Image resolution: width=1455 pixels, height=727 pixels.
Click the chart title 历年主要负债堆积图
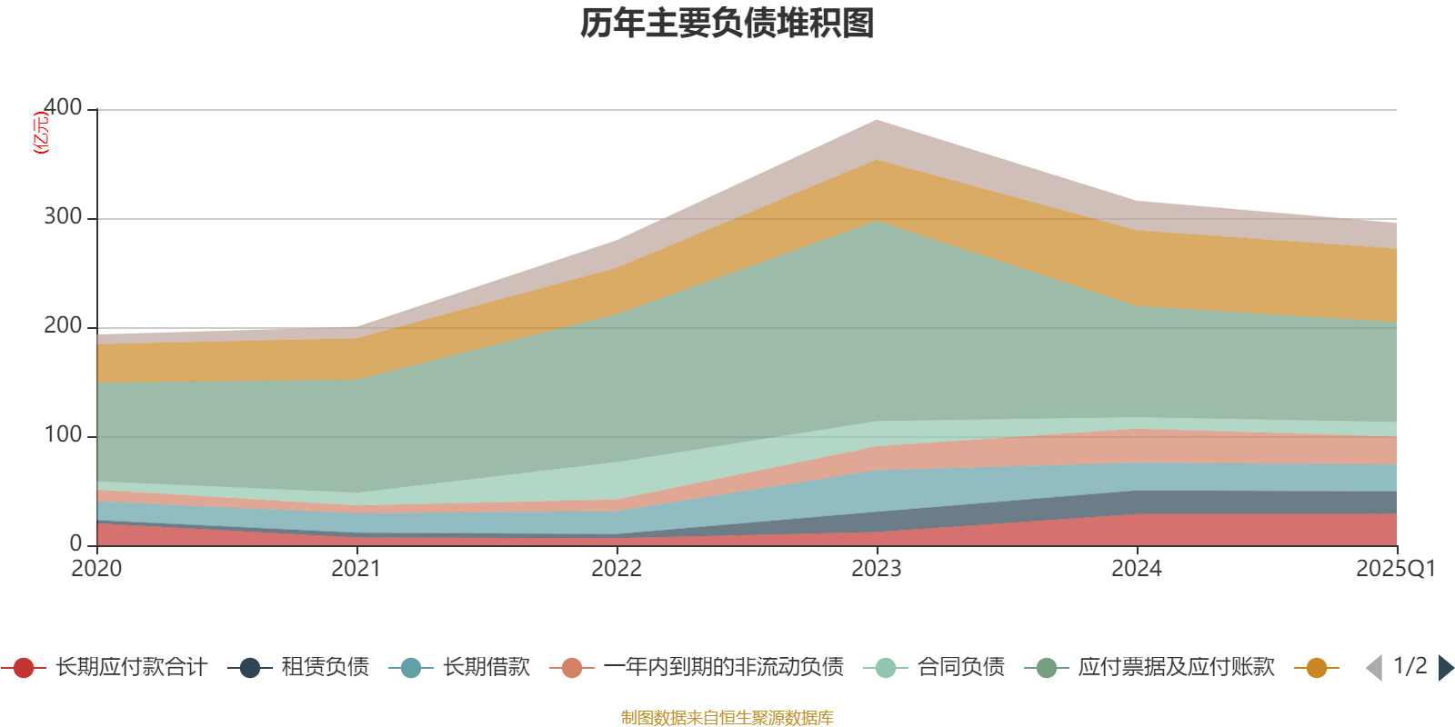pyautogui.click(x=727, y=24)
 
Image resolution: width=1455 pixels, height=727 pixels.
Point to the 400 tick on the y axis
pyautogui.click(x=63, y=108)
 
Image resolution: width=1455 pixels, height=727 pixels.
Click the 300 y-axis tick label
pyautogui.click(x=63, y=217)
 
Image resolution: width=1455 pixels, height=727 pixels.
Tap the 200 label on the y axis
pyautogui.click(x=63, y=326)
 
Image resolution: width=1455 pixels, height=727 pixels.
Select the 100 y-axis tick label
pyautogui.click(x=63, y=435)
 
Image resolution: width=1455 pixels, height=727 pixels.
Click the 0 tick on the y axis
pyautogui.click(x=76, y=544)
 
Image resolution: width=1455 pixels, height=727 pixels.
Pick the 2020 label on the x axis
pyautogui.click(x=97, y=569)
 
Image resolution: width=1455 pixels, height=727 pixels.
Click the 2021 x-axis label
pyautogui.click(x=356, y=569)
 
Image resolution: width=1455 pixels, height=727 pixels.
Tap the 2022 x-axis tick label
pyautogui.click(x=617, y=569)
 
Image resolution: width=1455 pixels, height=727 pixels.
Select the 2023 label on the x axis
pyautogui.click(x=877, y=569)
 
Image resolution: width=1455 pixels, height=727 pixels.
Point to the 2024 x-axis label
pyautogui.click(x=1137, y=569)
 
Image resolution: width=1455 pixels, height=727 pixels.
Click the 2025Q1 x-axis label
pyautogui.click(x=1395, y=569)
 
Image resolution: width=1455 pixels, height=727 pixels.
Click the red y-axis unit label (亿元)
pyautogui.click(x=41, y=133)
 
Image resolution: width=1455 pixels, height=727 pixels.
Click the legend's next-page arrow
pyautogui.click(x=1446, y=668)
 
